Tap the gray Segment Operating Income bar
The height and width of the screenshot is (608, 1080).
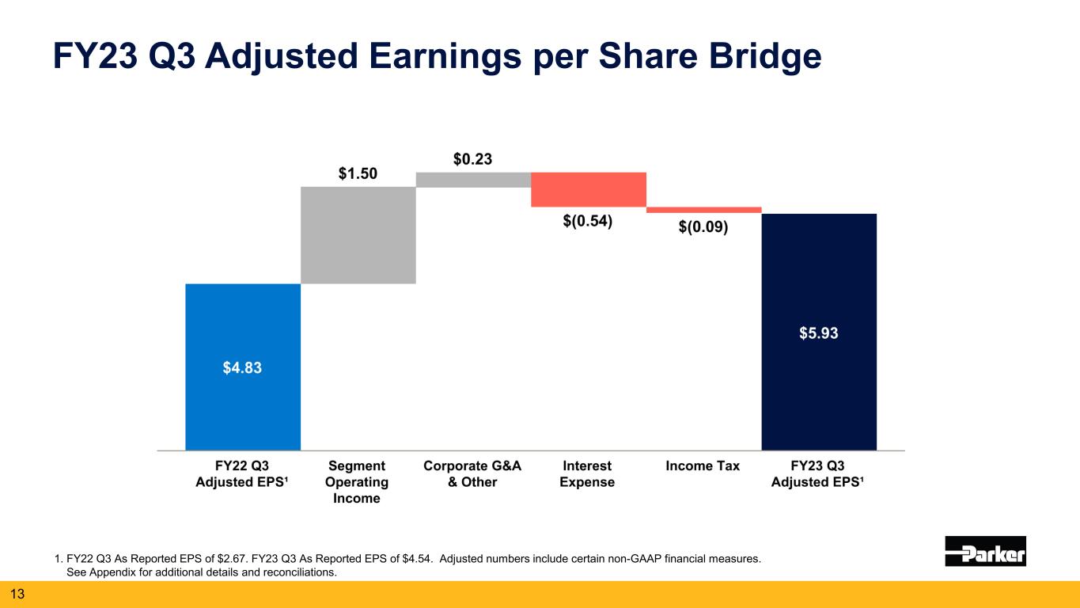click(x=358, y=234)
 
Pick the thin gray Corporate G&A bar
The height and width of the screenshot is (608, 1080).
click(x=473, y=180)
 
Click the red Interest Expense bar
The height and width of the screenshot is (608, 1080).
click(x=589, y=189)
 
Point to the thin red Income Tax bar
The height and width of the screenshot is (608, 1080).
click(x=704, y=210)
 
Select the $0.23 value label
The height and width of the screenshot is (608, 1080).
click(x=473, y=159)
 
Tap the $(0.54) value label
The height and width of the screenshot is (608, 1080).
click(x=588, y=222)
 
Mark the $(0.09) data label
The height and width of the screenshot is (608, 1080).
click(x=703, y=227)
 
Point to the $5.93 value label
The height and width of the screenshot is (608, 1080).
click(x=819, y=333)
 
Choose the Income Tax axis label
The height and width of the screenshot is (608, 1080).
click(x=703, y=465)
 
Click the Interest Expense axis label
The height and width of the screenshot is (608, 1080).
click(x=587, y=473)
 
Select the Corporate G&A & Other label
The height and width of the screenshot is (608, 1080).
click(x=472, y=473)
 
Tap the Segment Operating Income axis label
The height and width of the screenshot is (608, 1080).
click(x=357, y=481)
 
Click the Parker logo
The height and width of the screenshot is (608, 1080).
click(x=985, y=551)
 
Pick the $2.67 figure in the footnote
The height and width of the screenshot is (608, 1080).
click(x=222, y=559)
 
